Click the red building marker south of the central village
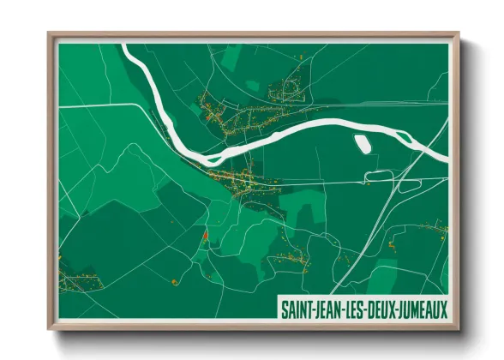pyautogui.click(x=204, y=237)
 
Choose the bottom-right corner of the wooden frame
pyautogui.click(x=459, y=328)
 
